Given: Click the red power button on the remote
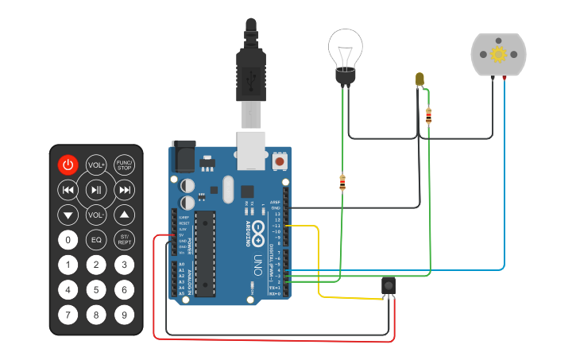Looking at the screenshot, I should pyautogui.click(x=68, y=165).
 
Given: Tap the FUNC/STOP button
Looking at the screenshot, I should pyautogui.click(x=124, y=165).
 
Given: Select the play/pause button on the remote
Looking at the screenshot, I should pyautogui.click(x=96, y=190).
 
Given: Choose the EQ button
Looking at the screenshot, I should pyautogui.click(x=96, y=240).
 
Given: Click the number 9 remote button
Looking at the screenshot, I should pyautogui.click(x=124, y=315).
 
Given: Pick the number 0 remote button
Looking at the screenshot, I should pyautogui.click(x=68, y=240).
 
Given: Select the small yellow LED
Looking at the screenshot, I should pyautogui.click(x=419, y=79).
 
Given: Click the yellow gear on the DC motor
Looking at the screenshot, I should pyautogui.click(x=498, y=54).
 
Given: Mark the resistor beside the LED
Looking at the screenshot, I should pyautogui.click(x=429, y=117).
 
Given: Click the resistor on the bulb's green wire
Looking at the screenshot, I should pyautogui.click(x=342, y=184).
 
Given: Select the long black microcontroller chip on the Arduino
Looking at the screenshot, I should pyautogui.click(x=205, y=254).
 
